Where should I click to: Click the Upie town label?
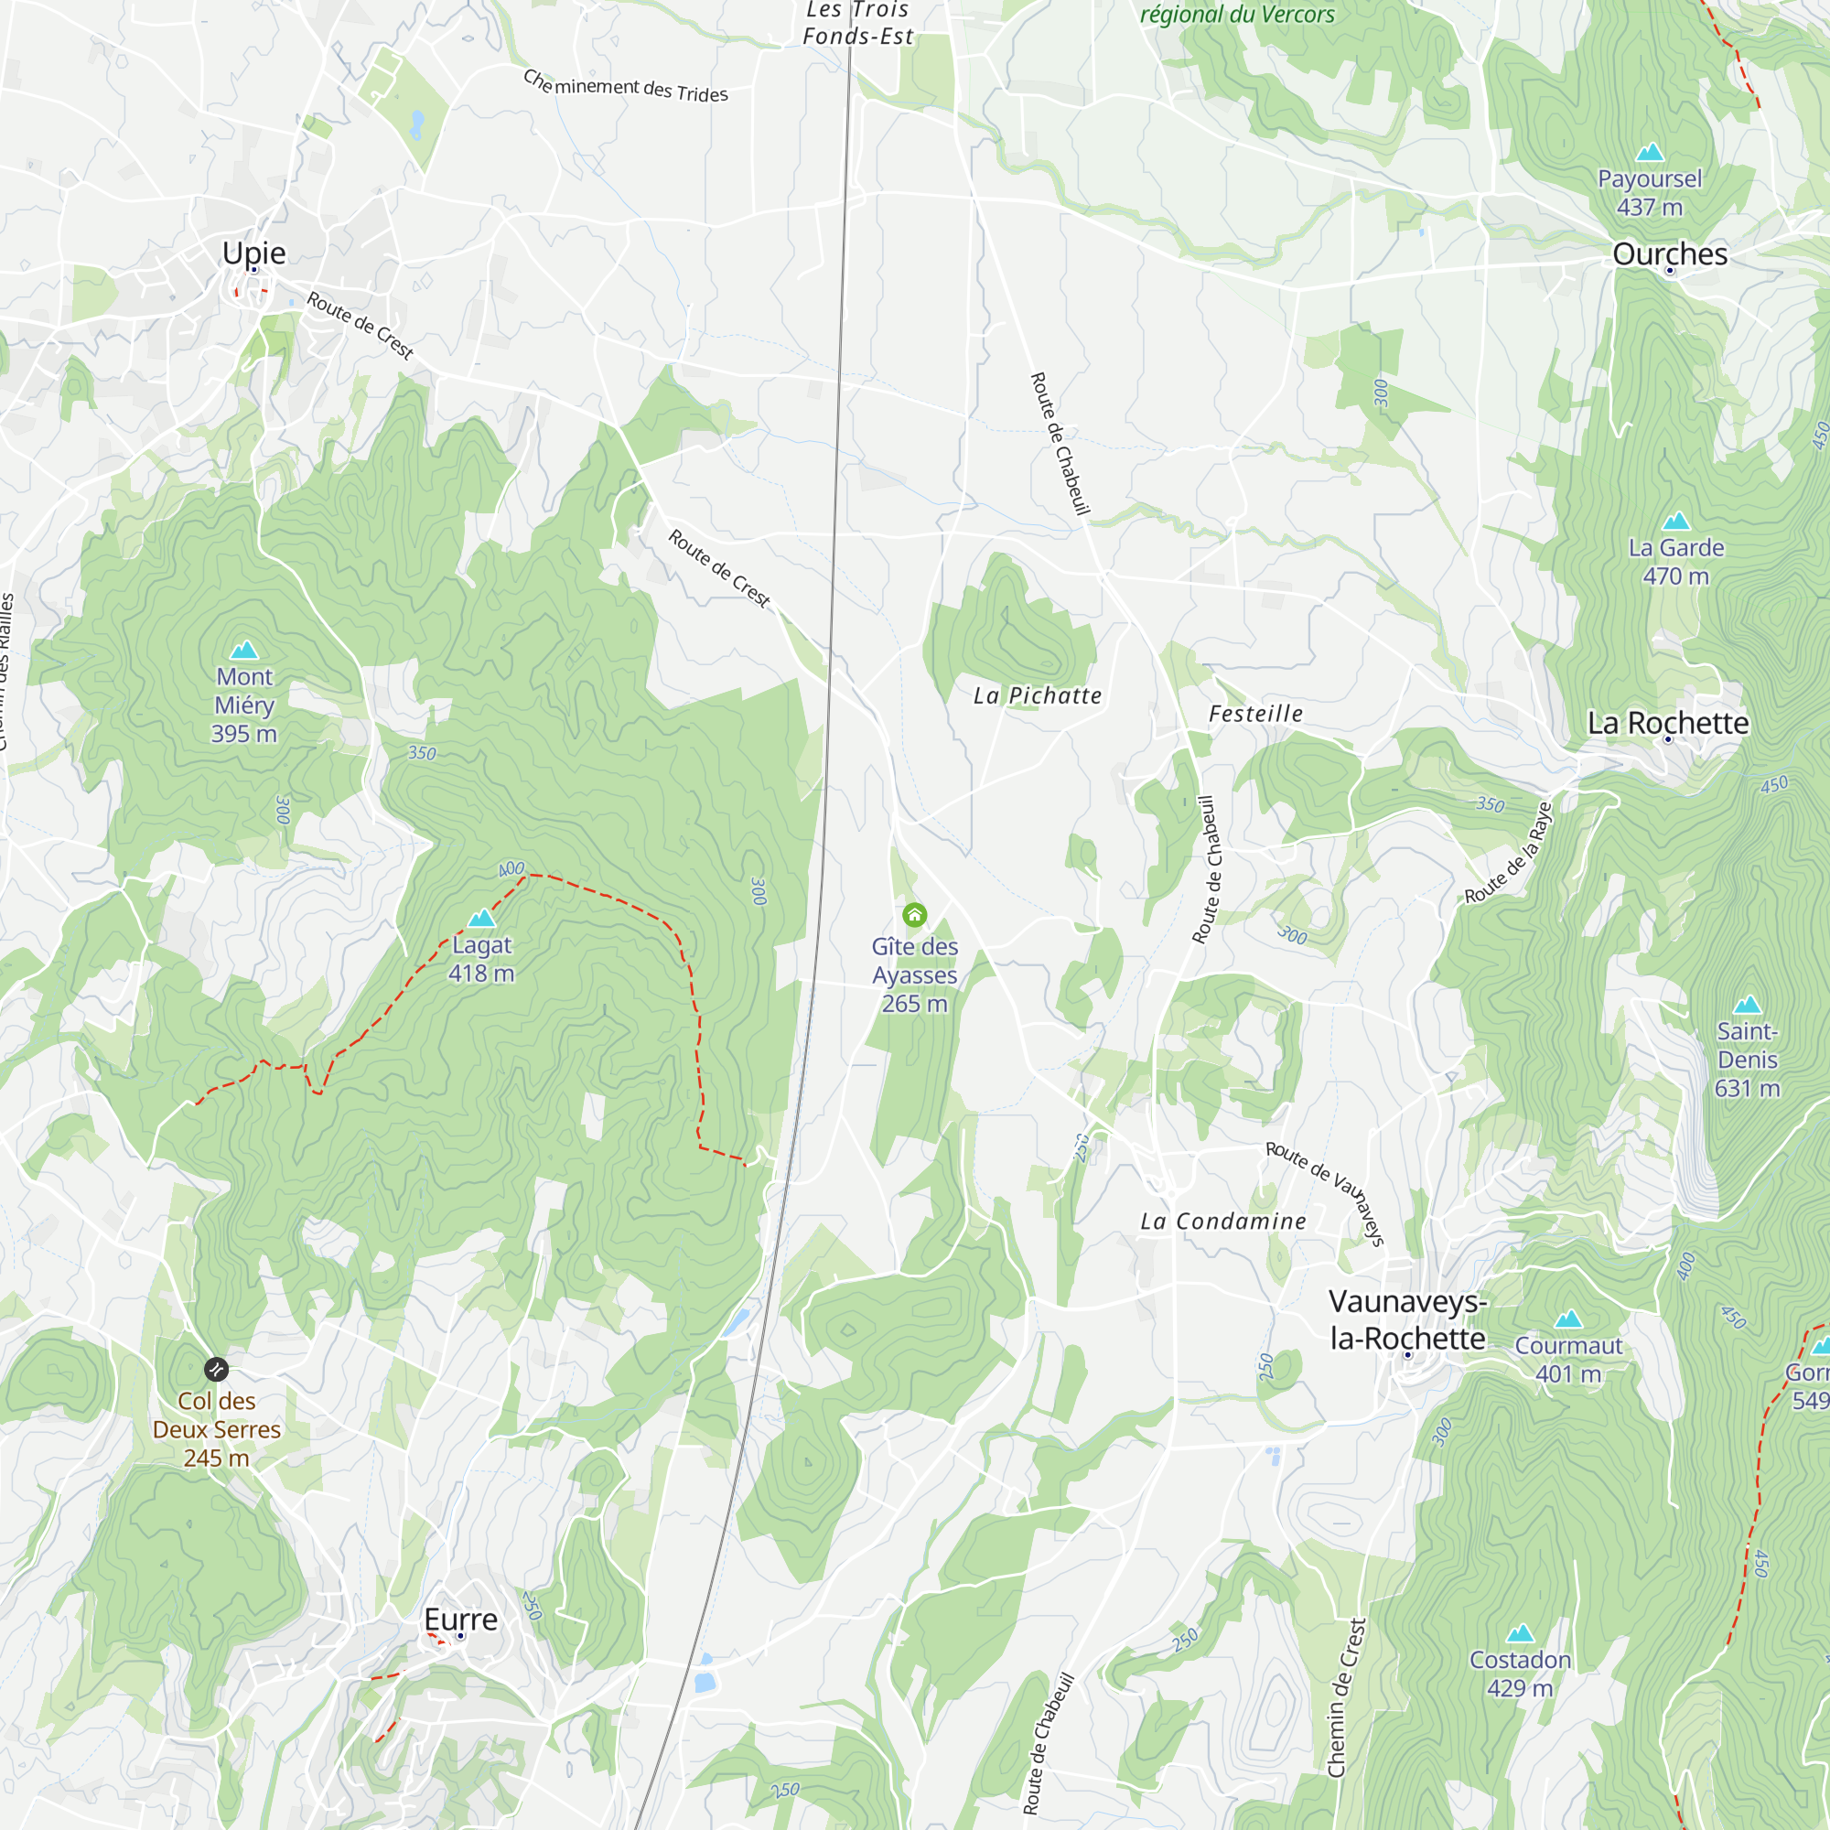click(x=253, y=253)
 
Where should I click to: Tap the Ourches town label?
click(x=1669, y=253)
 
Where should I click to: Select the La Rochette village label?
click(x=1668, y=723)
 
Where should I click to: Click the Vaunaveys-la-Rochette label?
click(x=1407, y=1319)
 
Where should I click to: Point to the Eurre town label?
click(x=460, y=1620)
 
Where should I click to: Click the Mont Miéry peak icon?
click(x=244, y=650)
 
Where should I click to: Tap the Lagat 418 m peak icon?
click(x=481, y=918)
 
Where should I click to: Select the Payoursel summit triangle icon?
click(x=1649, y=153)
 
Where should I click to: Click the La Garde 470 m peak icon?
click(x=1675, y=521)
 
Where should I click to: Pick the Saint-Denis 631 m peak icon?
click(x=1747, y=1005)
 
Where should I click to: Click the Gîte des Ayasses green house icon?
click(x=914, y=914)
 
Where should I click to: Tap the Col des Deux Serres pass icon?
click(x=216, y=1369)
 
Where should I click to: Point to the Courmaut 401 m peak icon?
click(x=1567, y=1319)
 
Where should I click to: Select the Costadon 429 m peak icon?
click(x=1519, y=1633)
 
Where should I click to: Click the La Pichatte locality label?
click(x=1038, y=696)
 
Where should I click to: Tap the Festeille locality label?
click(x=1255, y=715)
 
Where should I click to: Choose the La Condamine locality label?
click(x=1222, y=1222)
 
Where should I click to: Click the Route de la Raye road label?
click(x=1509, y=853)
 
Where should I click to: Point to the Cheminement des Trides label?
click(x=625, y=87)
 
